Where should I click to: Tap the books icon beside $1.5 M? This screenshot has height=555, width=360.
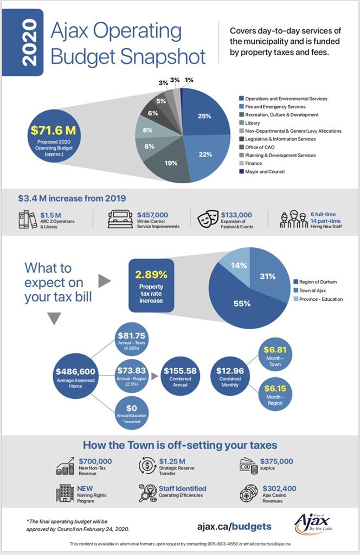[x=28, y=219]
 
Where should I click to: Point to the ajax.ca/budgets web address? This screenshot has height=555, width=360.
[x=234, y=526]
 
